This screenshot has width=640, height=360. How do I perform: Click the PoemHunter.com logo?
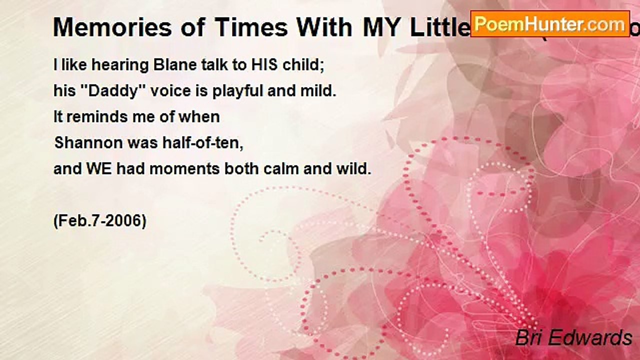(549, 23)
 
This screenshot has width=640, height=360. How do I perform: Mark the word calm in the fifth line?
(278, 169)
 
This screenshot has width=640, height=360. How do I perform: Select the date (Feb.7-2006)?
(100, 220)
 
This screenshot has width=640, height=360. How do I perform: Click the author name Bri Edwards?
(573, 338)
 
